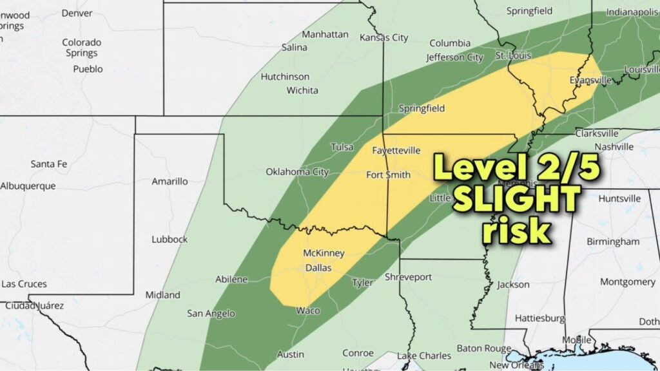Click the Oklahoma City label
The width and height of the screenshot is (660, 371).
[x=297, y=172]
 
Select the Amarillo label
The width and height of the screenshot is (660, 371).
[x=170, y=182]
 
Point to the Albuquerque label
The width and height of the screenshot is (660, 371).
[x=28, y=186]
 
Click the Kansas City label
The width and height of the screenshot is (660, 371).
[x=383, y=37]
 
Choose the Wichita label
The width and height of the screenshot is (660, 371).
[x=302, y=90]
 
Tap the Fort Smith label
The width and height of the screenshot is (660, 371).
[x=388, y=175]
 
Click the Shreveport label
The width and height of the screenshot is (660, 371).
[x=408, y=277]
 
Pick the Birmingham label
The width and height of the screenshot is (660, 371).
[x=613, y=242]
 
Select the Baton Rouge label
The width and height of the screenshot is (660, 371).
[x=484, y=348]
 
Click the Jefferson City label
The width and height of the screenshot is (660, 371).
[x=454, y=57]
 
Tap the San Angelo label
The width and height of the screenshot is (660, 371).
[x=211, y=314]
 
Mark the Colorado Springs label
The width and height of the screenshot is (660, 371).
[x=81, y=48]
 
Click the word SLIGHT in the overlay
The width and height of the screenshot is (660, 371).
[x=516, y=200]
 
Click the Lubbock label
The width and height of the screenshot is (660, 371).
[x=170, y=239]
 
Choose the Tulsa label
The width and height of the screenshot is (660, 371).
[x=342, y=147]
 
